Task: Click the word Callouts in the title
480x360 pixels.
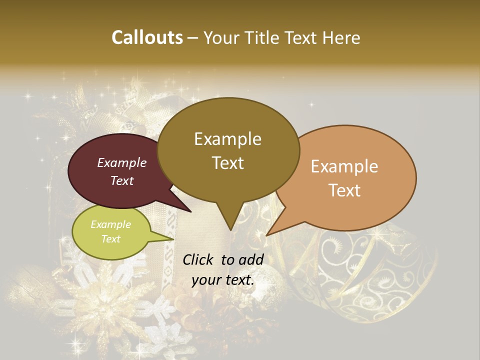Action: (x=147, y=37)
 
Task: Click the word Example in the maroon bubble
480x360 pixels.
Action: (x=122, y=162)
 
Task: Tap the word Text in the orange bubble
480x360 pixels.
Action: (x=345, y=190)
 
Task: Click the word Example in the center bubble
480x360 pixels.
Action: (x=227, y=139)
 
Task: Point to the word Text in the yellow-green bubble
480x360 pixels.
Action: (x=111, y=239)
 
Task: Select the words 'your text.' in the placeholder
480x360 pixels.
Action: (x=223, y=280)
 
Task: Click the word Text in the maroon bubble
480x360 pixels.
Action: (x=122, y=180)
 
